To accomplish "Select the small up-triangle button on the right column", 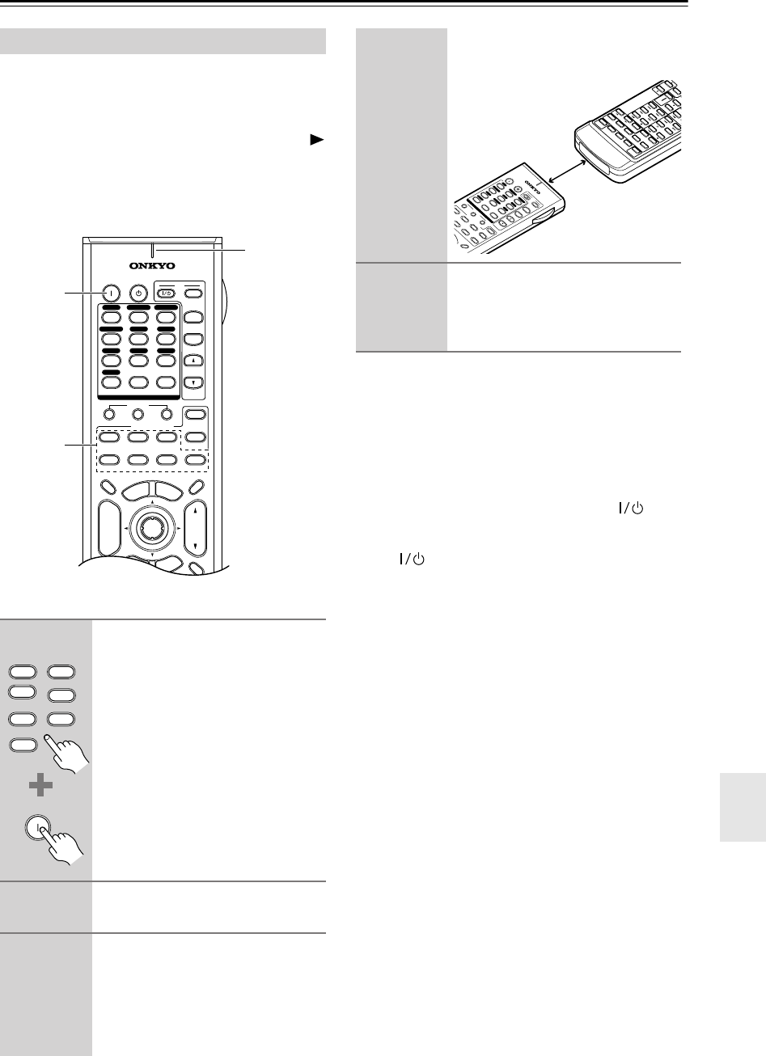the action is [194, 361].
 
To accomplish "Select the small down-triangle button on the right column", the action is [194, 382].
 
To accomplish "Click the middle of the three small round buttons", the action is [138, 416].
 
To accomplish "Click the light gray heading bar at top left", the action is [163, 40].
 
